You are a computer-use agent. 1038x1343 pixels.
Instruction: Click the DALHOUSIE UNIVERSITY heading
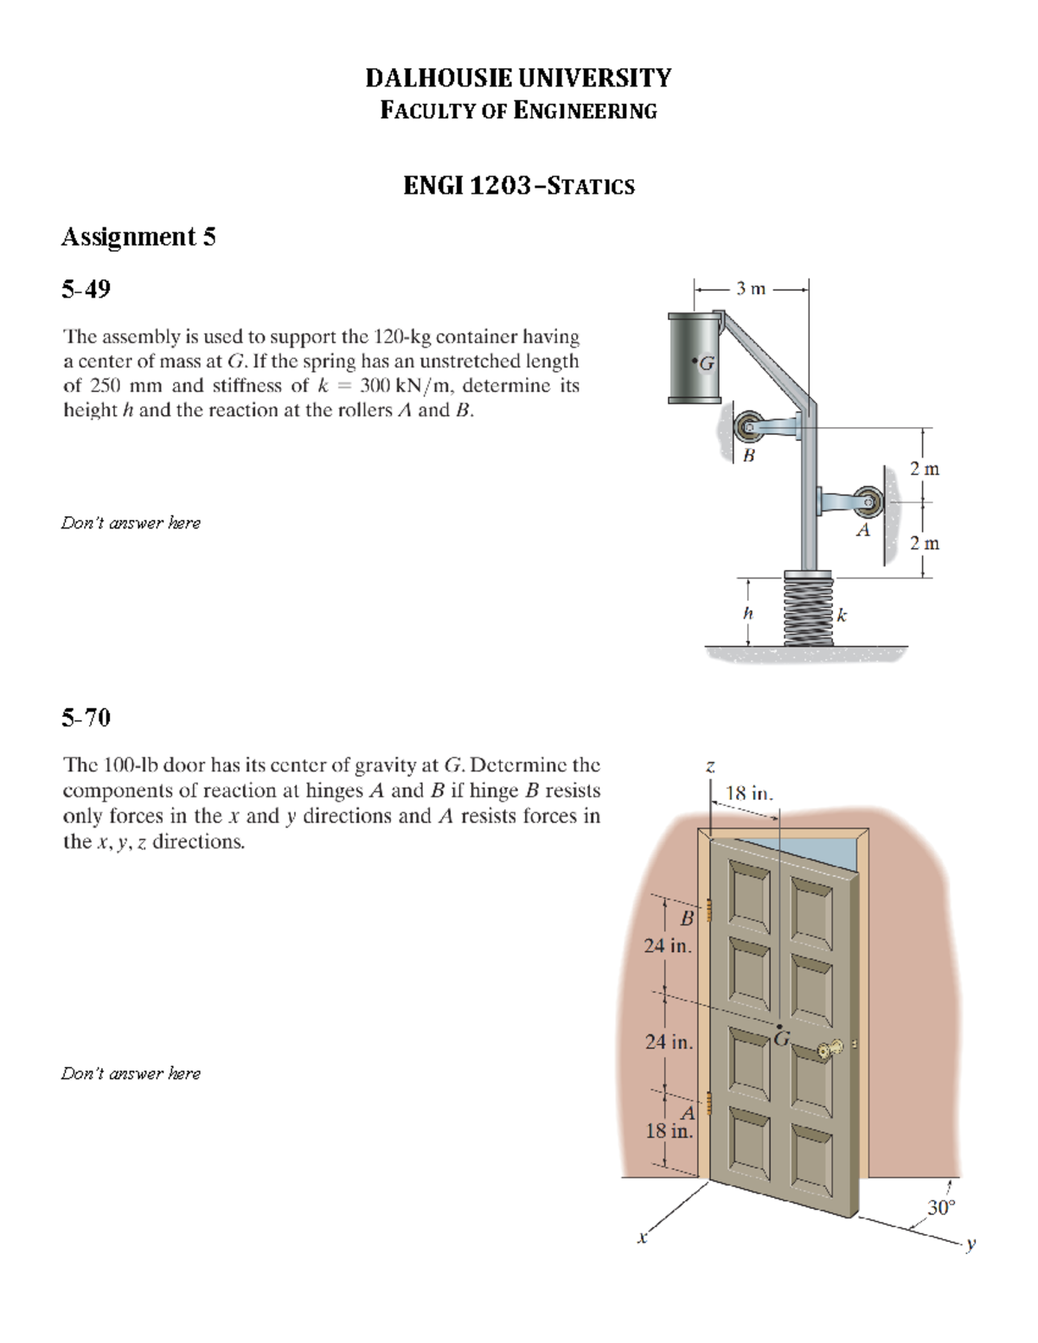point(517,78)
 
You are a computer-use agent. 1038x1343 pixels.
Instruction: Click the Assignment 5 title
point(138,236)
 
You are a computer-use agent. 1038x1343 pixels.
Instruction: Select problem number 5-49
point(86,289)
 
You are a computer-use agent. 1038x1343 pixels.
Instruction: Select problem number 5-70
point(86,717)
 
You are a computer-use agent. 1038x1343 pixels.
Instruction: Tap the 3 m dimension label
point(751,289)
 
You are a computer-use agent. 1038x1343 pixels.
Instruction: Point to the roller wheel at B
point(747,426)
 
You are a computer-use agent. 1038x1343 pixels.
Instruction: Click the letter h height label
point(748,613)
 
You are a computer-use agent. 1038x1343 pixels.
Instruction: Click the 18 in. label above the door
point(749,792)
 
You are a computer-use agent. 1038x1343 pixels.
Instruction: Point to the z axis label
point(709,765)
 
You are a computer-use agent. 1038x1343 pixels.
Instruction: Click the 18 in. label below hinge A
point(670,1130)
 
